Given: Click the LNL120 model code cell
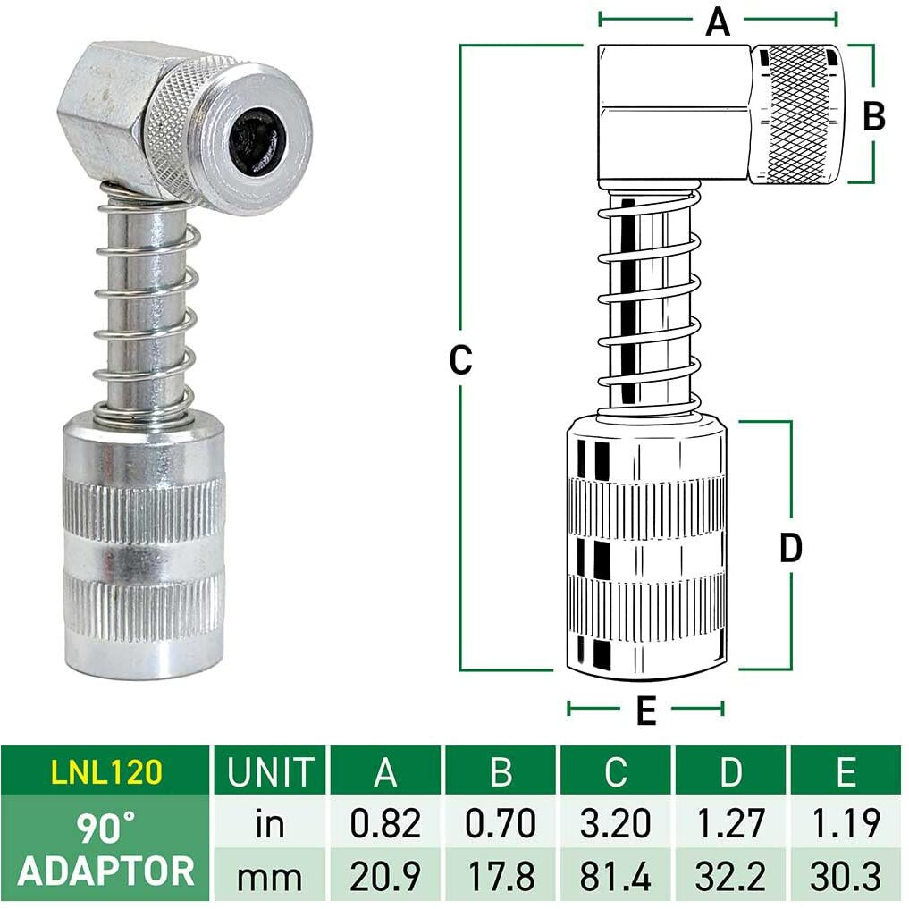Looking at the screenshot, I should (105, 770).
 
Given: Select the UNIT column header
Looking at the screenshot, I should (271, 770).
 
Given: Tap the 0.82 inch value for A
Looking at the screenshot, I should (385, 823).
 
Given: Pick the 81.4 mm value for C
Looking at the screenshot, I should (616, 874).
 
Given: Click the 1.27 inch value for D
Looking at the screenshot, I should (731, 823).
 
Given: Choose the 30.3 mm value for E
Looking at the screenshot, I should (846, 874).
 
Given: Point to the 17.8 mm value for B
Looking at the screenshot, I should (501, 874).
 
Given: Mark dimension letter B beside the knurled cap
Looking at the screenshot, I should (873, 116).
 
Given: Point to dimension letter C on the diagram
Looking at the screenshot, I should (459, 360).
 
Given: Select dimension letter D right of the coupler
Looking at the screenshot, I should (790, 548).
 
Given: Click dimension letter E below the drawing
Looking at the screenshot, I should (645, 711).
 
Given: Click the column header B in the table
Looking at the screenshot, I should (501, 770).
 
